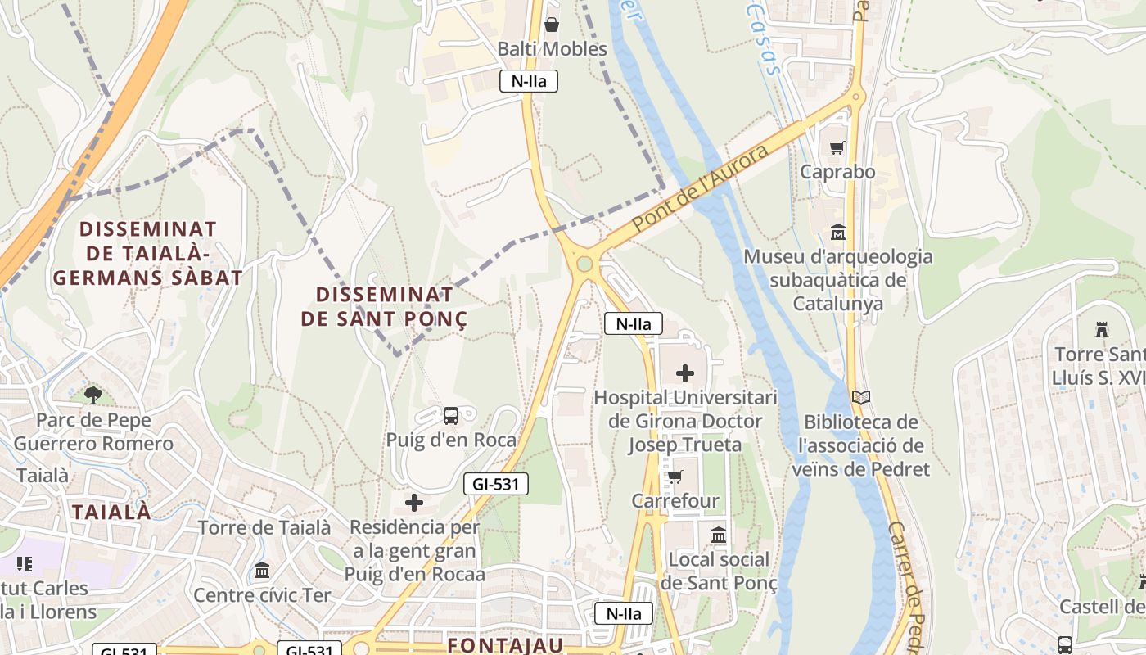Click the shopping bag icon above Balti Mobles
click(x=553, y=25)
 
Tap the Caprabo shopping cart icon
click(x=837, y=148)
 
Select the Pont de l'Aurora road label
click(x=702, y=187)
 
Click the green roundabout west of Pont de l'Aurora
click(x=584, y=264)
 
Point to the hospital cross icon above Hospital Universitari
click(x=685, y=374)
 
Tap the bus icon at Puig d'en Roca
click(x=451, y=416)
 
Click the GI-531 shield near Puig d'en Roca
click(x=496, y=484)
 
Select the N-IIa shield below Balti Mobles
click(x=529, y=81)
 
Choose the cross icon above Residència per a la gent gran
click(x=414, y=502)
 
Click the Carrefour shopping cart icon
click(x=675, y=477)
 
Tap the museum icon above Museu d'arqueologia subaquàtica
click(x=837, y=233)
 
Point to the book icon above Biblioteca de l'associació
click(x=861, y=398)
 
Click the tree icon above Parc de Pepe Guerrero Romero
click(x=93, y=395)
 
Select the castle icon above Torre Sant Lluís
click(x=1102, y=330)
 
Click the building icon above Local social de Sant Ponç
click(x=719, y=535)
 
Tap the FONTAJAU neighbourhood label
click(x=505, y=645)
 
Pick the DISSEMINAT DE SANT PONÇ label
click(x=385, y=306)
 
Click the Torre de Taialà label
click(x=264, y=528)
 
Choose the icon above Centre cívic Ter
click(x=262, y=570)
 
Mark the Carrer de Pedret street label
click(x=909, y=585)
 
